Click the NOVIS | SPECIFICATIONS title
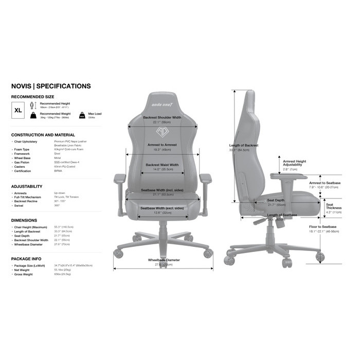(x=51, y=86)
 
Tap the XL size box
(x=18, y=110)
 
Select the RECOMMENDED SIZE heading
(x=33, y=96)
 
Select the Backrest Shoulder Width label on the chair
(x=162, y=117)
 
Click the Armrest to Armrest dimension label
(x=162, y=145)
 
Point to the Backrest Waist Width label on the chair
(x=162, y=165)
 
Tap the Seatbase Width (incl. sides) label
(x=162, y=190)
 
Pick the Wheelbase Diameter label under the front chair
(x=164, y=260)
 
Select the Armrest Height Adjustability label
(x=294, y=163)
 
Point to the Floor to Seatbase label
(x=322, y=227)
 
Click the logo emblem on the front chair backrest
(x=162, y=131)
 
